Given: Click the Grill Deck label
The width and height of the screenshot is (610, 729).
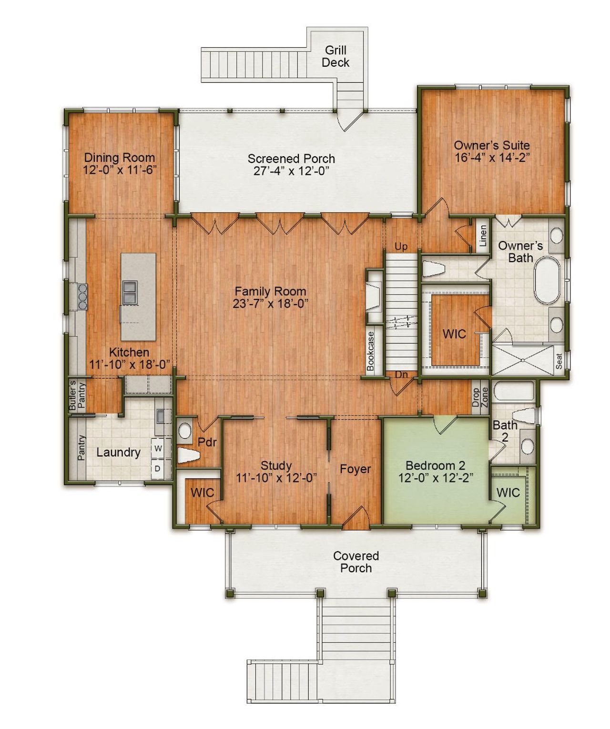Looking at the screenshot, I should [335, 56].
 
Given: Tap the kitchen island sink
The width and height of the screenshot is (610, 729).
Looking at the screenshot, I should [130, 292].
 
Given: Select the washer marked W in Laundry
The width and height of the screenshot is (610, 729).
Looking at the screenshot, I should [158, 448].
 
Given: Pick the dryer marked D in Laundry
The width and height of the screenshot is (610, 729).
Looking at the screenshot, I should [158, 469].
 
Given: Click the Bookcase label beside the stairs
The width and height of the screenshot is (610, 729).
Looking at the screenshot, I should [371, 350].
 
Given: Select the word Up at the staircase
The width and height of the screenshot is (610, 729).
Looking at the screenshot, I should [401, 247].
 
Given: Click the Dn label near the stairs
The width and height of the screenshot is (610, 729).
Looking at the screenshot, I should [401, 375].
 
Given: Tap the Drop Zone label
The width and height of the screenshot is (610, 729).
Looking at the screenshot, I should [480, 397].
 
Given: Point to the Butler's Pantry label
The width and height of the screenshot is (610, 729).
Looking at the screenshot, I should [77, 395].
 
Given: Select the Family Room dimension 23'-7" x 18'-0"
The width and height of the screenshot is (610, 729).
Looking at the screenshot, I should [270, 304].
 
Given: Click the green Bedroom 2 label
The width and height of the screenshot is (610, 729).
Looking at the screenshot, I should [435, 466].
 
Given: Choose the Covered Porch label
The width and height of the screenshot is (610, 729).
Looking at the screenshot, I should [356, 562].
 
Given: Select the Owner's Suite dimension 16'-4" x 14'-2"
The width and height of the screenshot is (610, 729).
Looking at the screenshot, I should [492, 158].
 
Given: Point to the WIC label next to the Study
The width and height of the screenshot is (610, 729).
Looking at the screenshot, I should [203, 493].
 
